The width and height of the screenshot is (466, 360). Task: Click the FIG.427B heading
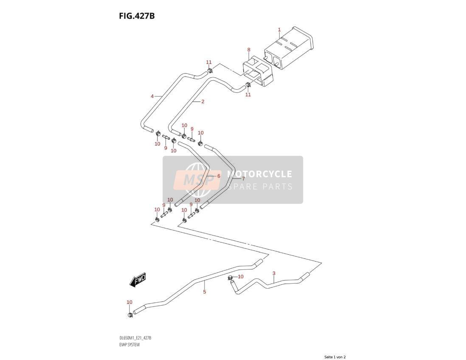tap(137, 16)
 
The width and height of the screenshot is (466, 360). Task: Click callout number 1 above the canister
tap(279, 29)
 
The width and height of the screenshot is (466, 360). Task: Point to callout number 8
tap(249, 50)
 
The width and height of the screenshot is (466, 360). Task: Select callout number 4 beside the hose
tap(152, 96)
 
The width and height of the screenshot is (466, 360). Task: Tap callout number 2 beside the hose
tap(203, 101)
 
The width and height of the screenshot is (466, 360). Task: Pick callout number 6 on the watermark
tap(219, 176)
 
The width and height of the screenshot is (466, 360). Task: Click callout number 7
tap(243, 179)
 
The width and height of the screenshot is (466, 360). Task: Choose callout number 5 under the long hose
tap(205, 292)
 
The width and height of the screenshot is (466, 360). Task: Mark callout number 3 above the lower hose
tap(274, 273)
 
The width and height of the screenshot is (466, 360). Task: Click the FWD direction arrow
tap(138, 280)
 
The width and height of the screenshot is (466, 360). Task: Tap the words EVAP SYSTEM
tap(129, 345)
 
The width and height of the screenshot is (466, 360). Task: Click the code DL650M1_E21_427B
tap(135, 338)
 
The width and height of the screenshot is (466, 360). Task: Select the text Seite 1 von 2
tap(335, 357)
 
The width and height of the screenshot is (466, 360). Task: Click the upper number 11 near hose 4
tap(209, 62)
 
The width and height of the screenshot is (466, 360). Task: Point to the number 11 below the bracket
tap(248, 95)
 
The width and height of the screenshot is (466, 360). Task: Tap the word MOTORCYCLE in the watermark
tap(259, 174)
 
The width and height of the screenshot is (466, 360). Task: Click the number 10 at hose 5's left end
tap(129, 302)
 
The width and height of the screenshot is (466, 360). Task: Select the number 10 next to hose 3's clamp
tap(241, 276)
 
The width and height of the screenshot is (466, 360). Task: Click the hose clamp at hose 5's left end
tap(130, 314)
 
